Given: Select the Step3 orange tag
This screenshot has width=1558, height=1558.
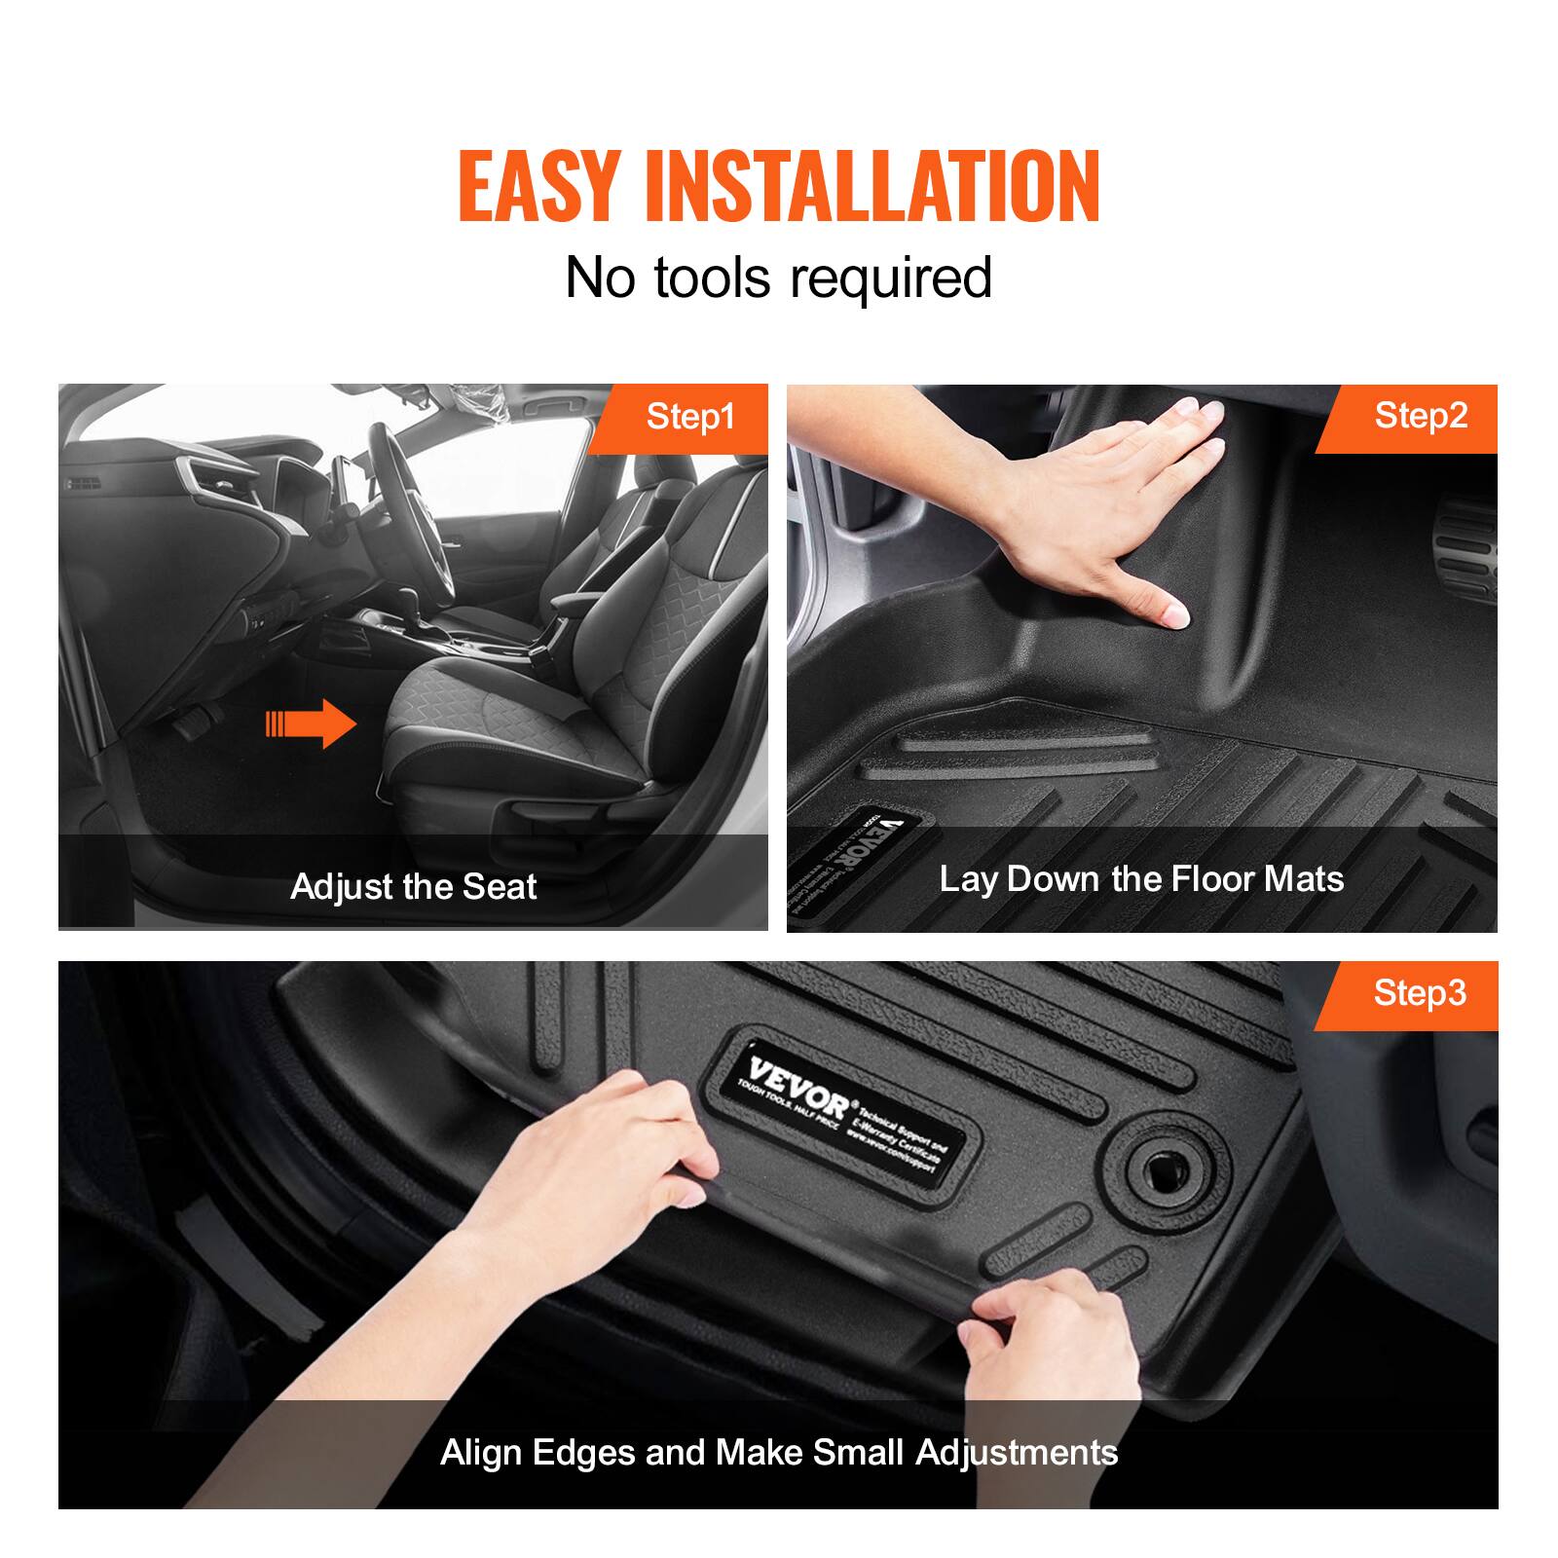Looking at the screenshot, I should tap(1419, 993).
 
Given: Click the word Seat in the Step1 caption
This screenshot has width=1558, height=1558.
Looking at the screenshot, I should tap(499, 887).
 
